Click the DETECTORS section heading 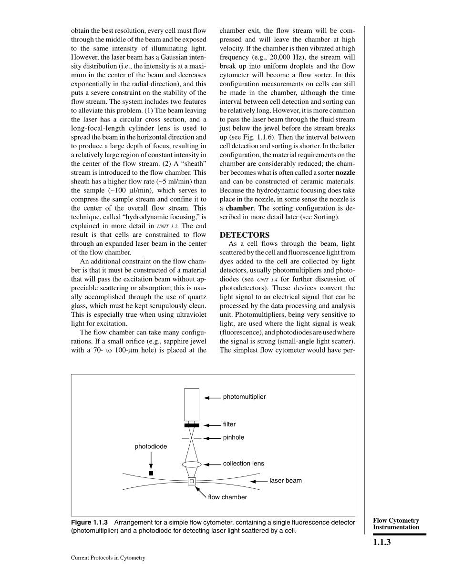245,235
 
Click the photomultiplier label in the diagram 244,397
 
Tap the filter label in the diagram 229,424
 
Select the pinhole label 233,437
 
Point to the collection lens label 243,464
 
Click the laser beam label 285,481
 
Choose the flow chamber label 227,497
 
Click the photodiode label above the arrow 151,446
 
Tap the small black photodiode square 151,473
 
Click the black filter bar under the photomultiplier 192,425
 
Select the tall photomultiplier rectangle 192,404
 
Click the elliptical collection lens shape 192,464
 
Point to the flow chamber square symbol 192,481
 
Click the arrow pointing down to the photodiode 151,461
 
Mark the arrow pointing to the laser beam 259,481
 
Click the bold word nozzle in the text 345,172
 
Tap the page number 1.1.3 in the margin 382,542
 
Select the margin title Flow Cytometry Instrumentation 396,524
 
